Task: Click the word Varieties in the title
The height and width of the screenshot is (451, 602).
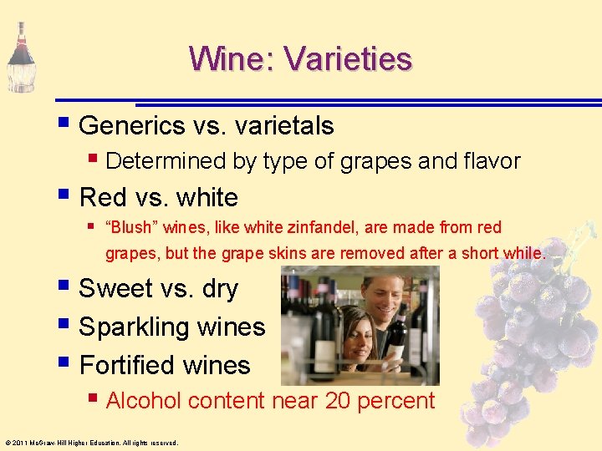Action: [348, 59]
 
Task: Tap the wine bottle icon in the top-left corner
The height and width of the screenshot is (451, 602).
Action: [20, 57]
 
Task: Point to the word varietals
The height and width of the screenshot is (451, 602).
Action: [284, 126]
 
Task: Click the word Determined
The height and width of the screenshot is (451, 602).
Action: [166, 161]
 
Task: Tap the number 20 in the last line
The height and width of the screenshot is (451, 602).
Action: [338, 401]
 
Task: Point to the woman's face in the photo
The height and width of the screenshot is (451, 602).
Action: [357, 327]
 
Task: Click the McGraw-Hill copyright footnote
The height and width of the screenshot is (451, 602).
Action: [91, 443]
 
